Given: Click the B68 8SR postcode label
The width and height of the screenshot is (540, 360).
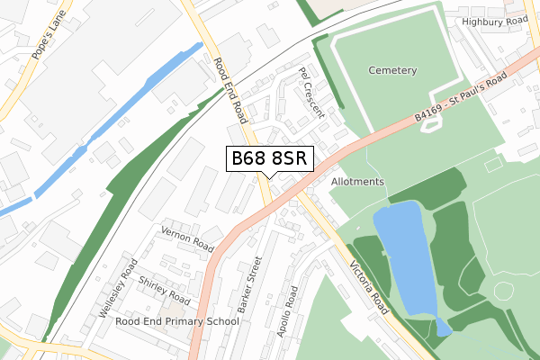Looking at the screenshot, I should [270, 158].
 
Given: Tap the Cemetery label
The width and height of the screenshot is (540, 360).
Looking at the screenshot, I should [392, 70].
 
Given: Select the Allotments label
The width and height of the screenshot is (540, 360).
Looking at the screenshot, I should [357, 182].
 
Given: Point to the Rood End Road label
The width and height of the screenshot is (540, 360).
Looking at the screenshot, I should [230, 90].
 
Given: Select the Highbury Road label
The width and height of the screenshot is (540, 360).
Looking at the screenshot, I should [494, 20].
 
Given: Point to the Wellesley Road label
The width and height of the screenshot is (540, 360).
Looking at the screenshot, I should [117, 287].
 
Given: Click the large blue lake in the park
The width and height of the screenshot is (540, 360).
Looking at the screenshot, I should [403, 256].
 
